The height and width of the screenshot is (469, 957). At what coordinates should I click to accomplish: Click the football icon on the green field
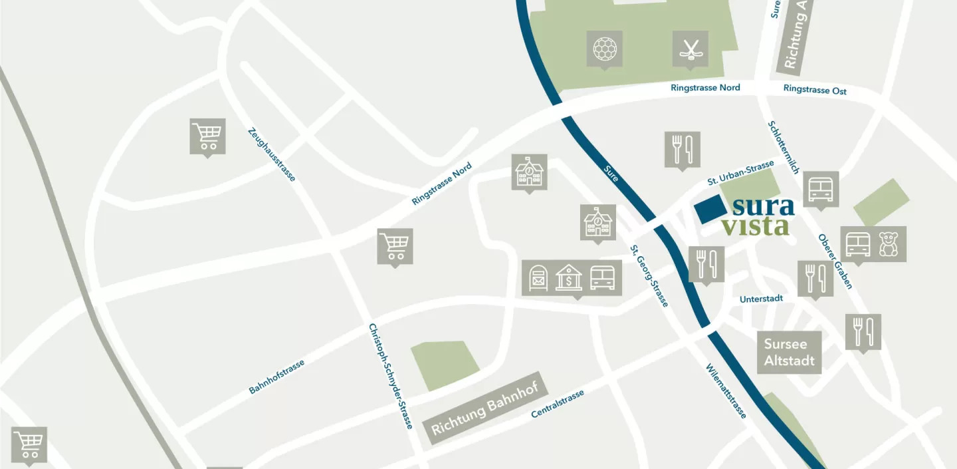(604, 48)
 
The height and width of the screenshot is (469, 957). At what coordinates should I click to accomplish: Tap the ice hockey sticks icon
(690, 48)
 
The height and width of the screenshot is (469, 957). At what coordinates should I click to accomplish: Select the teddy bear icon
(889, 244)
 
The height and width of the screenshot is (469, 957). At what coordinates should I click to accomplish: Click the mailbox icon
(539, 277)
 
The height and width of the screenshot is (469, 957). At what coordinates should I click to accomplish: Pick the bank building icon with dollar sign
(569, 277)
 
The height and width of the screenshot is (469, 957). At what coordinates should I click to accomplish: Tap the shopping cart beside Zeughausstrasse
(207, 136)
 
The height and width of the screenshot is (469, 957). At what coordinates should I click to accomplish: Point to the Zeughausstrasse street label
(271, 154)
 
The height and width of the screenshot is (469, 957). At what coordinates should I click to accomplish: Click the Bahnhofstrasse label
(276, 377)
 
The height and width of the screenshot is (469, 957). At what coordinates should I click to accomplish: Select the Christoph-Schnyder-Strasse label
(391, 376)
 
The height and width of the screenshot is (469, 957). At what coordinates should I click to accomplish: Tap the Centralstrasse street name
(558, 404)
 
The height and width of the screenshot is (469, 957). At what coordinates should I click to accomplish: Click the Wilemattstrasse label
(726, 391)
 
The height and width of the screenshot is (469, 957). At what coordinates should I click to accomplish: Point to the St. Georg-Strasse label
(649, 275)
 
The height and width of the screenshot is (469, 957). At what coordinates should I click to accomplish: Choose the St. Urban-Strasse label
(740, 172)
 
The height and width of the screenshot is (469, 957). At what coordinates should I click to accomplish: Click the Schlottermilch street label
(783, 146)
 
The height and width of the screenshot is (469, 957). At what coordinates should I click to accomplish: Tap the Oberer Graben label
(835, 261)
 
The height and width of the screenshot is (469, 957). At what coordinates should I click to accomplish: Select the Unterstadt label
(761, 299)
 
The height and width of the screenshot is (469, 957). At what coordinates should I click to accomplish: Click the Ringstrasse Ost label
(815, 90)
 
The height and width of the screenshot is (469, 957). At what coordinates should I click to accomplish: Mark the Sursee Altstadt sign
(789, 353)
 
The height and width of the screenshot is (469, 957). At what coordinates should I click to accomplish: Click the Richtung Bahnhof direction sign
(486, 408)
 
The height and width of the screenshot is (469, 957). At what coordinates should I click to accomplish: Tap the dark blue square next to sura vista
(710, 210)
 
